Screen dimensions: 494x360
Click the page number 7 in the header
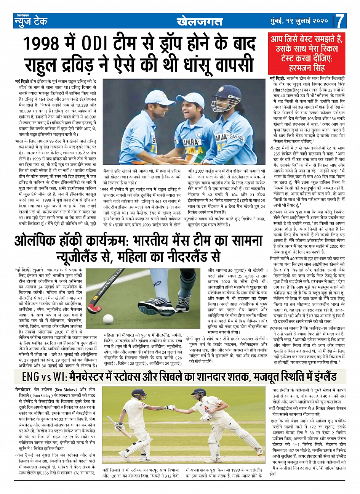point(340,21)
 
